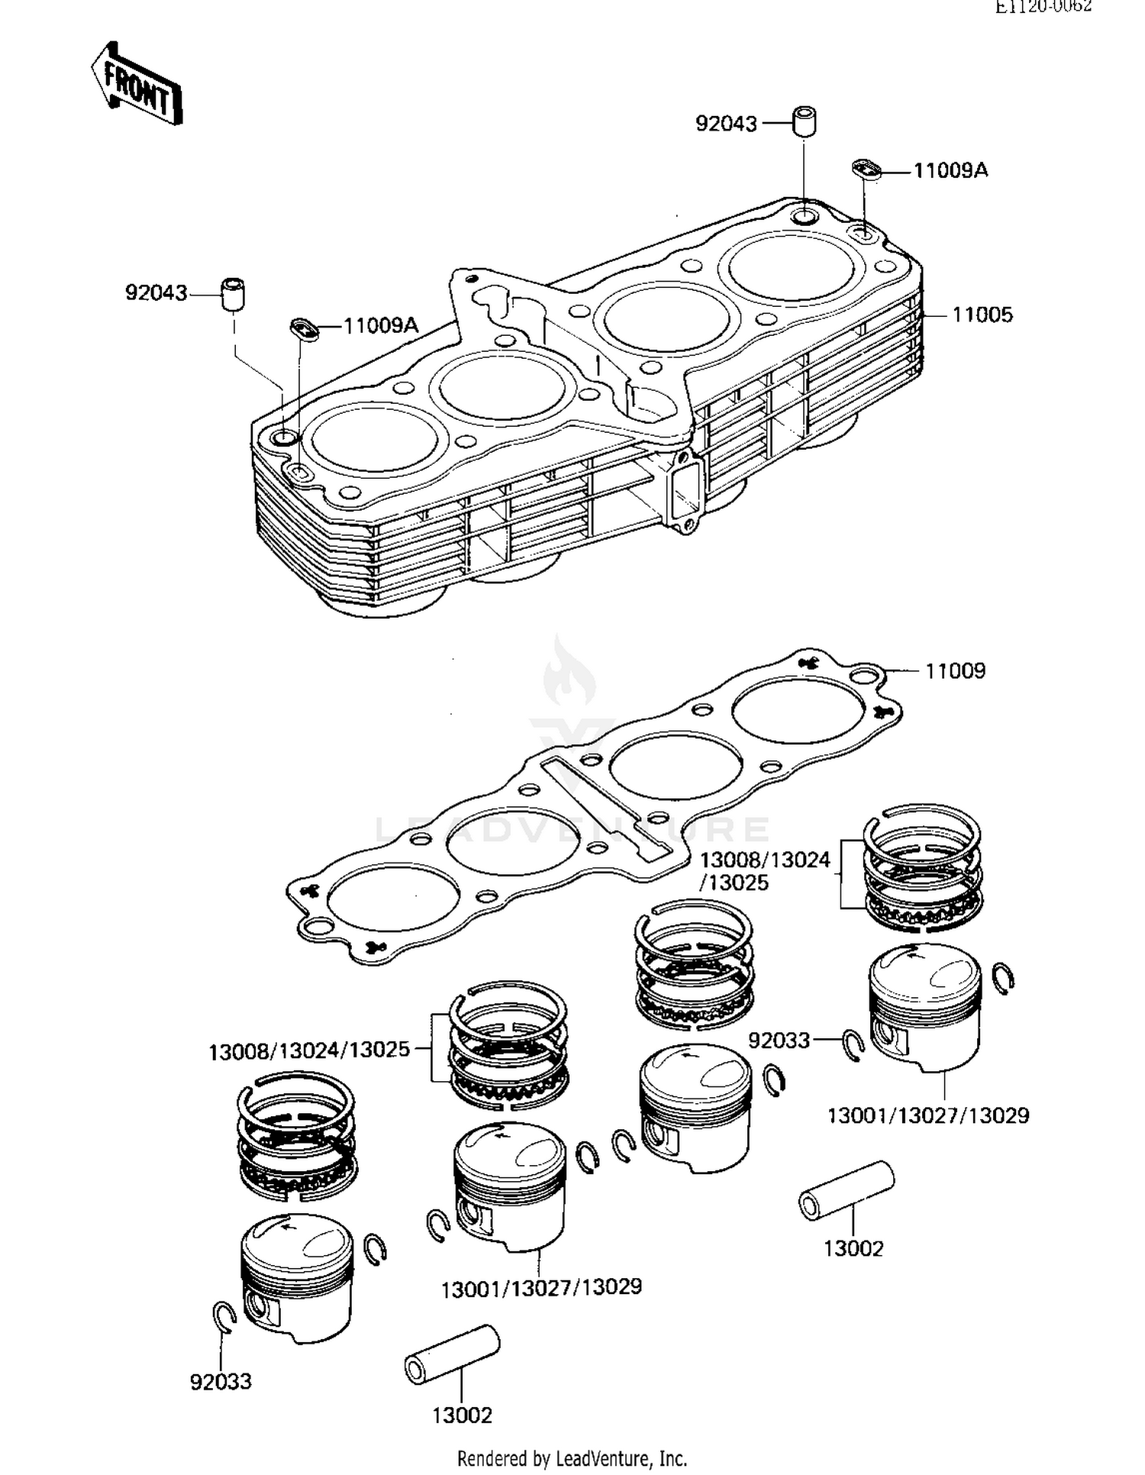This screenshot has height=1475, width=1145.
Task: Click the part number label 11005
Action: [x=982, y=315]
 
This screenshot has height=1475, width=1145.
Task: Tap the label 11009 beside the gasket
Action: [x=955, y=671]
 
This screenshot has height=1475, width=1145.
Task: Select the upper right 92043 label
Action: [x=726, y=124]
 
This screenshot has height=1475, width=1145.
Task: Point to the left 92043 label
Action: [x=156, y=293]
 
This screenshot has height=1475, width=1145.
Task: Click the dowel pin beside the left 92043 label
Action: [x=234, y=294]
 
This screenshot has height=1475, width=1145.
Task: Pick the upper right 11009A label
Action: [x=950, y=170]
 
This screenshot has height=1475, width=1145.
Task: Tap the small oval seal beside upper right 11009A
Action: [x=866, y=168]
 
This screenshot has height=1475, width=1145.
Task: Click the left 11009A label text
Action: [x=381, y=326]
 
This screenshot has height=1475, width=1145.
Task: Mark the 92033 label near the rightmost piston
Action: [x=779, y=1041]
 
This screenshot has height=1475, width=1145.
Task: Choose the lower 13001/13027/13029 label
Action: [x=541, y=1288]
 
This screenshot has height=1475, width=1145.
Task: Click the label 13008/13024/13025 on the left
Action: [x=309, y=1051]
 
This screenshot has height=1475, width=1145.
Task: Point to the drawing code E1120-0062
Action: [x=1043, y=7]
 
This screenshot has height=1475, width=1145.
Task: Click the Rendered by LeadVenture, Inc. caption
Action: [x=572, y=1457]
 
